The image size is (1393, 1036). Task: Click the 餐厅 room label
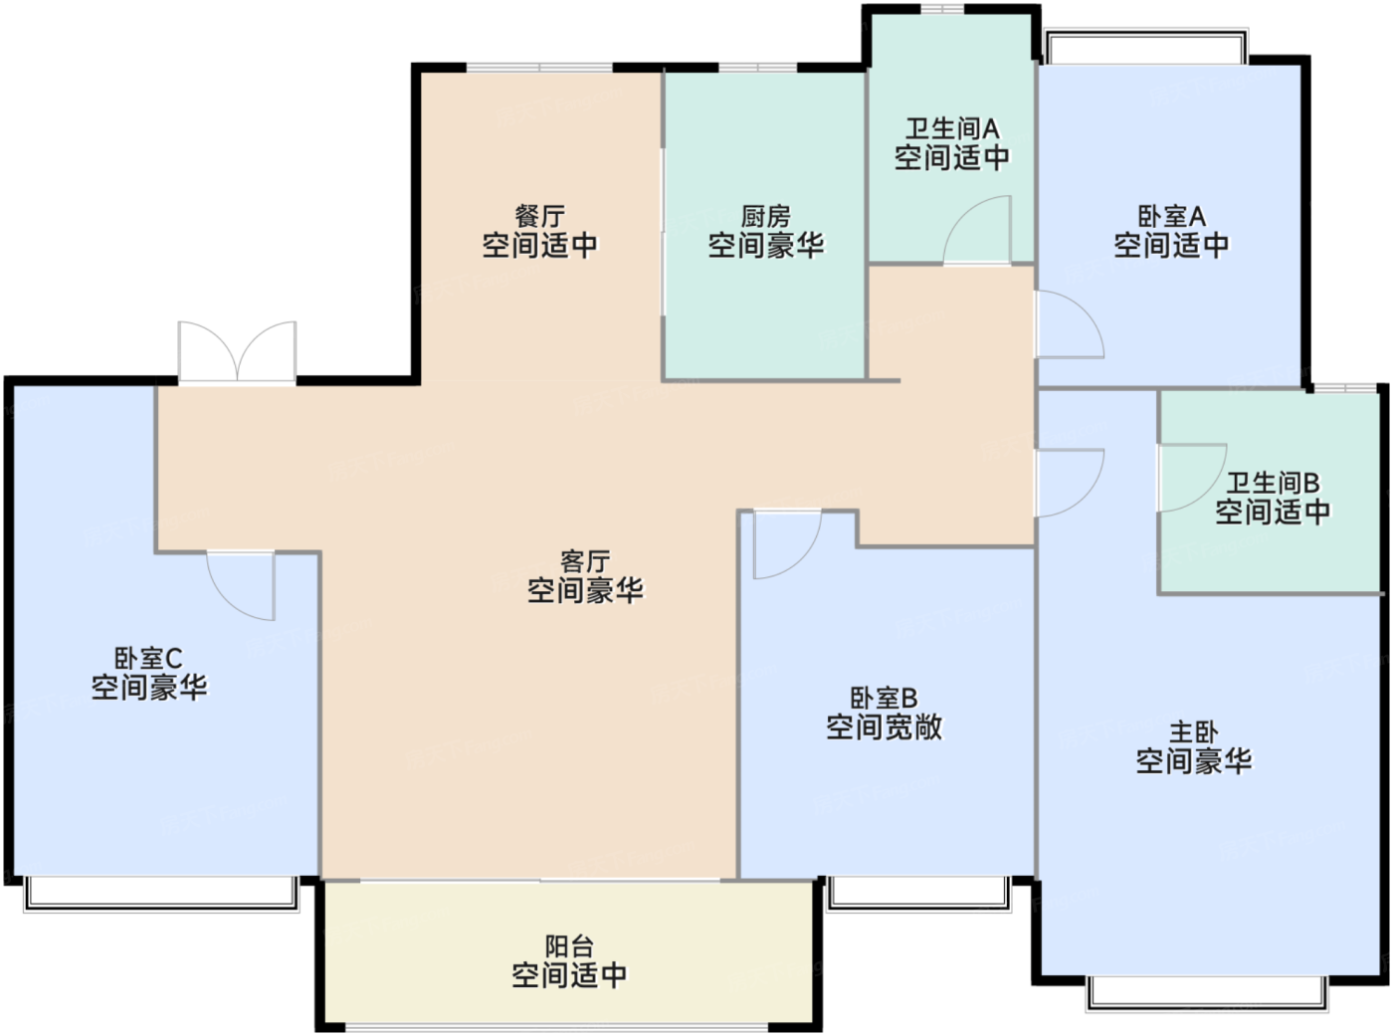(539, 217)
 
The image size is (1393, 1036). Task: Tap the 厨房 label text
(765, 217)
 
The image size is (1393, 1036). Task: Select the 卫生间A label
(951, 128)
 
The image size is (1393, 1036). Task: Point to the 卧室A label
(1171, 217)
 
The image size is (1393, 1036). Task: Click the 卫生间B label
(1273, 483)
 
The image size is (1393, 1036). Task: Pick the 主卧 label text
(1194, 732)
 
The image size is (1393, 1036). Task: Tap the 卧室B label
(884, 698)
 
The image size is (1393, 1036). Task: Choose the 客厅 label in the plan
(585, 561)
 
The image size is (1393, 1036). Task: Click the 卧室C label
(148, 659)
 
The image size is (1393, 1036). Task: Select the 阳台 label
(569, 946)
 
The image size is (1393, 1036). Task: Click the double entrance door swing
(238, 352)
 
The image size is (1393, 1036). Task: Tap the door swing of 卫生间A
(977, 230)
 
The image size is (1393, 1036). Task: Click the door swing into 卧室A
(1069, 324)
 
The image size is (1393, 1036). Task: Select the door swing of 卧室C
(241, 585)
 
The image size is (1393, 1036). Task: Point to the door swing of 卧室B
(788, 544)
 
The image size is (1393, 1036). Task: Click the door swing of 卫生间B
(1192, 478)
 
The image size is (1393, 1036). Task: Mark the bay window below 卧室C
(161, 894)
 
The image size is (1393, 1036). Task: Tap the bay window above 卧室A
(1145, 46)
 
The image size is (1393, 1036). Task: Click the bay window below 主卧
(1208, 993)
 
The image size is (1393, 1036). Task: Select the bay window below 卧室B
(919, 894)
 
